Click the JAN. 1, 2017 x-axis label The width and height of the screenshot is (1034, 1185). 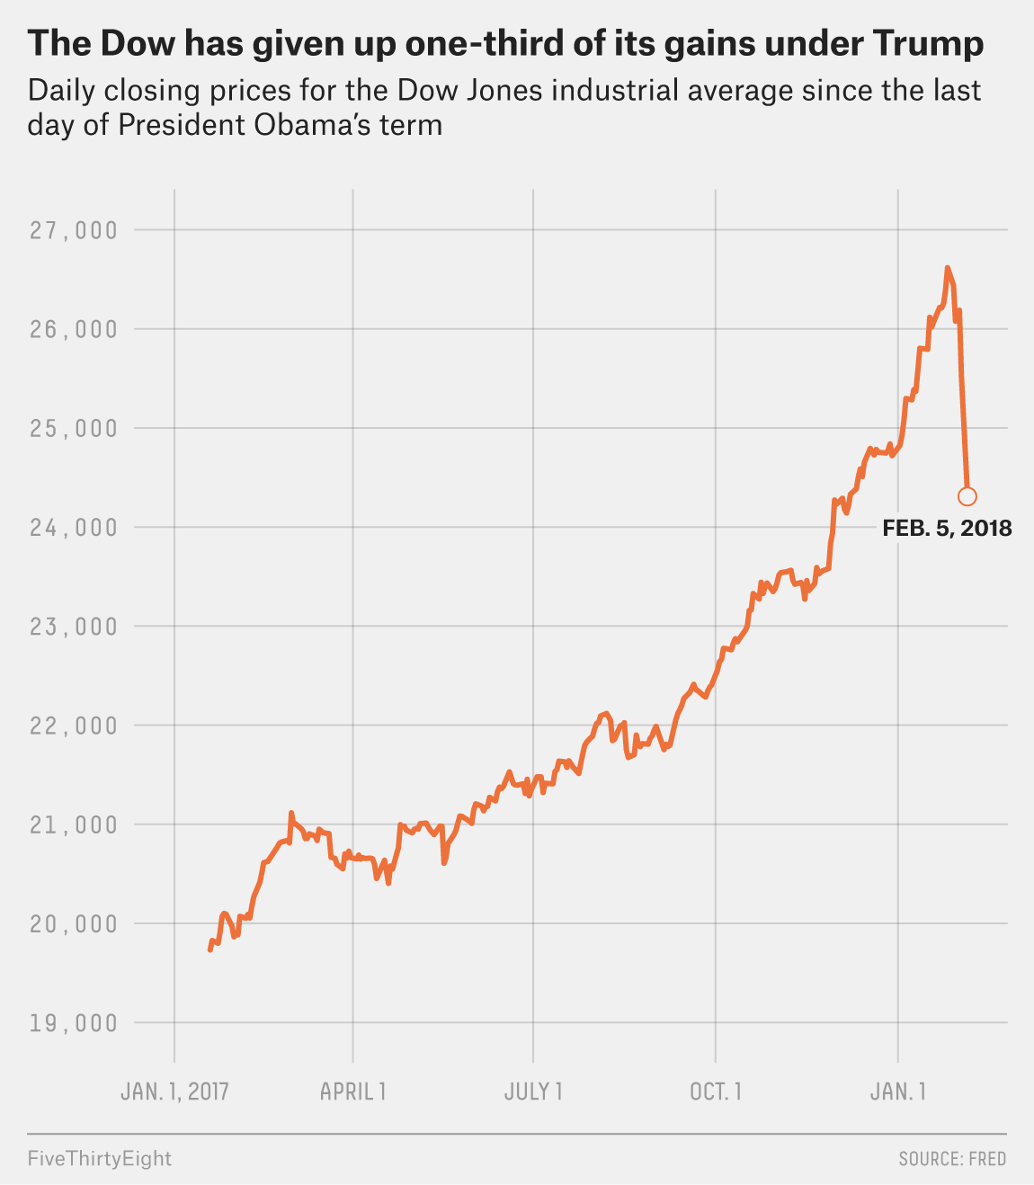pos(174,1091)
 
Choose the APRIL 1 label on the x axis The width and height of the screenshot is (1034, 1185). pos(353,1091)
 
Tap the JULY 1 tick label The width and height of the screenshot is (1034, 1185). pos(533,1091)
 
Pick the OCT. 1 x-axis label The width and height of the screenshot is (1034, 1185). pos(716,1091)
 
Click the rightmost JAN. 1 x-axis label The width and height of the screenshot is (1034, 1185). pos(898,1091)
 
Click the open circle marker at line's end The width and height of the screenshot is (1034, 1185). pos(967,496)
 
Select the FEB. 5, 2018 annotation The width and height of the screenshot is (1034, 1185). pos(947,529)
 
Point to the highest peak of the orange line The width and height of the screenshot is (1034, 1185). pos(947,268)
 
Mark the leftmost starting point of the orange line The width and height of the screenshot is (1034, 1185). pos(210,949)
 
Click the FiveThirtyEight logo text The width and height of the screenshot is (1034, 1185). pos(99,1158)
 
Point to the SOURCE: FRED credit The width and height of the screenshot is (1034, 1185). pos(952,1159)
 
